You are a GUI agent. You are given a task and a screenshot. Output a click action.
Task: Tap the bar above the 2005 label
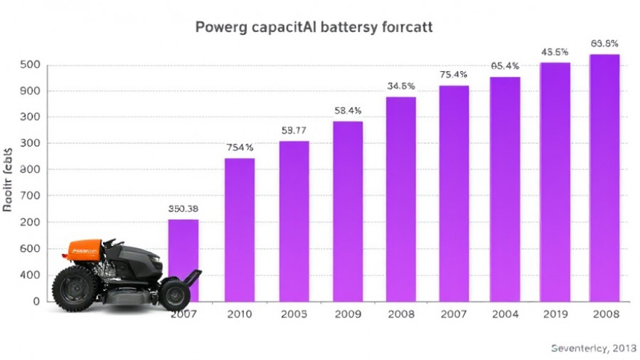point(294,221)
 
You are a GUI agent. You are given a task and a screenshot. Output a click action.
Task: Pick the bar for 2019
point(555,181)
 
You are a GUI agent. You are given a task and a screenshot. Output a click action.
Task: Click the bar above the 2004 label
point(505,189)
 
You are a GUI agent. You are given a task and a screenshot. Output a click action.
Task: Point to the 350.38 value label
point(183,209)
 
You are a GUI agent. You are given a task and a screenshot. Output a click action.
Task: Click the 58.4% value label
point(348,111)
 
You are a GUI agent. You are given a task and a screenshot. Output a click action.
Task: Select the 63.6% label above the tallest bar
point(604,43)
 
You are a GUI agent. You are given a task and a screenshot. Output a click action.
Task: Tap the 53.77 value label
point(294,130)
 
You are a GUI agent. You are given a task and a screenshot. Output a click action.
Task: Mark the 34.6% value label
point(401,86)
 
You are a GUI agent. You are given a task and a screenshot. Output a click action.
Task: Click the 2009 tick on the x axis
point(348,314)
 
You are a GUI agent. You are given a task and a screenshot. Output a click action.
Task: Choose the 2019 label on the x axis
point(555,314)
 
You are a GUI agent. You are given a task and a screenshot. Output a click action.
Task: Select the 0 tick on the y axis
point(33,301)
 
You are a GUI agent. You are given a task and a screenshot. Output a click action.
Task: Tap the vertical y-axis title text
point(8,181)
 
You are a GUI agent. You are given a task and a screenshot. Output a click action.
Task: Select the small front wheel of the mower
point(174,294)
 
